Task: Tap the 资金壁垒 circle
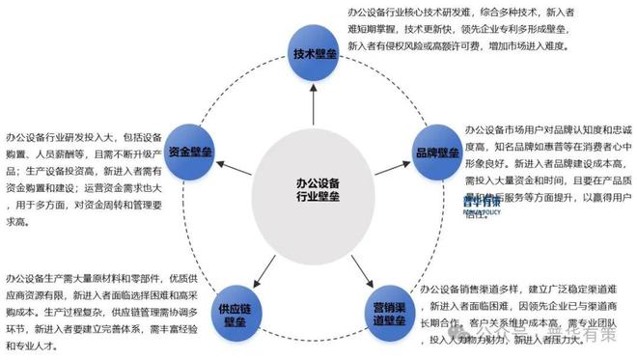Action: pyautogui.click(x=192, y=152)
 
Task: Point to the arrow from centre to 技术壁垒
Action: pyautogui.click(x=313, y=105)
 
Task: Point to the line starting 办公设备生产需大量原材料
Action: pyautogui.click(x=100, y=275)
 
